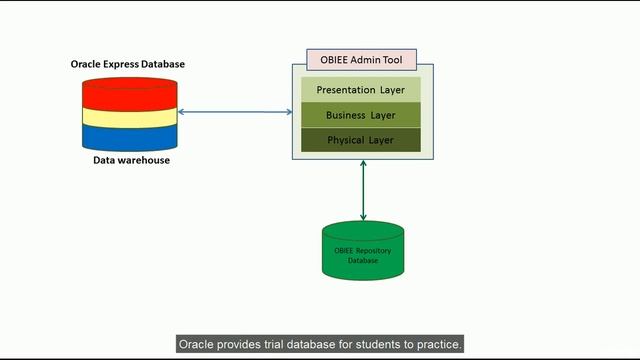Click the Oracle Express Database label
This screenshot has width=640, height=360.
127,64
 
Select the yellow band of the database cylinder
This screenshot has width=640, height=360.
127,117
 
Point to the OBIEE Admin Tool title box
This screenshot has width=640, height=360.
362,59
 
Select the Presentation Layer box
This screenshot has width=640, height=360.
361,90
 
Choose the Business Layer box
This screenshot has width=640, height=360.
361,115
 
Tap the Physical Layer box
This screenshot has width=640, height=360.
361,140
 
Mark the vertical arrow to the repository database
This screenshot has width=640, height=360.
363,190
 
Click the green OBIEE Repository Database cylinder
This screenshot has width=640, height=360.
363,251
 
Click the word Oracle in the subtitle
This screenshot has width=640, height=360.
199,344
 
